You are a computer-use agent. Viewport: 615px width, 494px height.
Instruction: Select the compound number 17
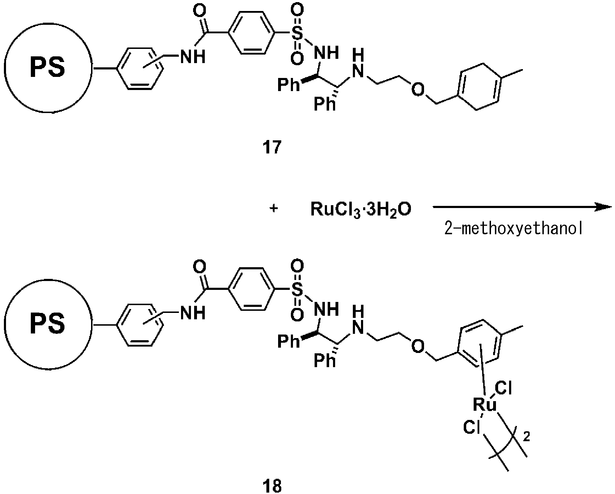(272, 147)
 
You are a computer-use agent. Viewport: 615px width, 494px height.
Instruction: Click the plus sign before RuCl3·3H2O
(273, 208)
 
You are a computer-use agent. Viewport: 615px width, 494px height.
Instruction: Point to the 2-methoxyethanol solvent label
(513, 230)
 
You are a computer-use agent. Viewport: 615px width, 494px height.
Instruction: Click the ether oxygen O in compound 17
(418, 90)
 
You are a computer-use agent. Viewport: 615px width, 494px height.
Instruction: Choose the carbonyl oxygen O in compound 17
(200, 12)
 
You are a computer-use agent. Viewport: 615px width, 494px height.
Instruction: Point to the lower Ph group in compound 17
(325, 105)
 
